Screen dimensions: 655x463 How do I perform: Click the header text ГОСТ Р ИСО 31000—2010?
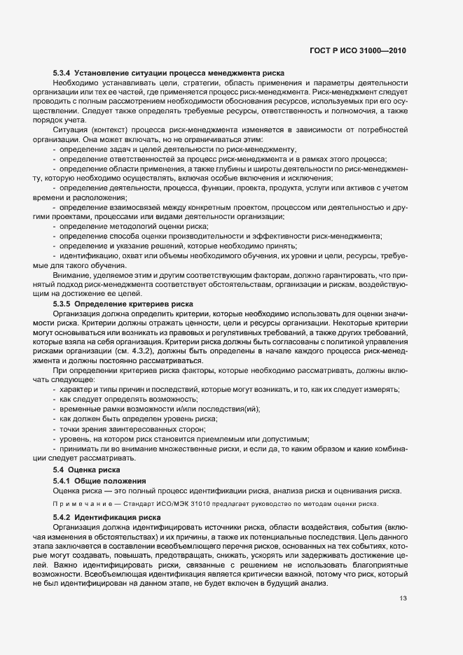(357, 52)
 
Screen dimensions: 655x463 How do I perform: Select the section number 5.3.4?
(64, 73)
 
